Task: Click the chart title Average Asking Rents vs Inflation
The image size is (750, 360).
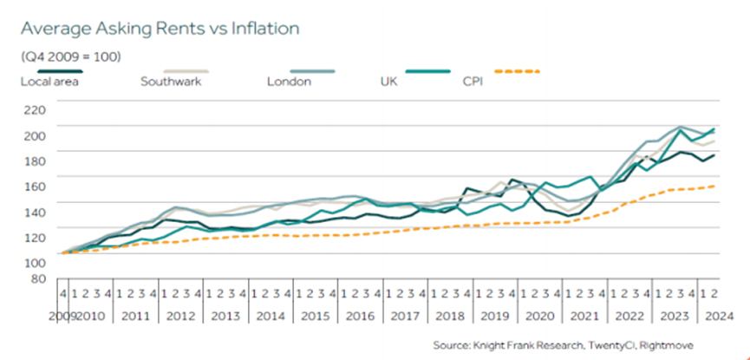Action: coord(160,29)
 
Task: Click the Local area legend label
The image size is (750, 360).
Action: coord(50,82)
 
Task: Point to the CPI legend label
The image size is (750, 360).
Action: coord(473,82)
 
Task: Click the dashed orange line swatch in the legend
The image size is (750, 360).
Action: coord(517,71)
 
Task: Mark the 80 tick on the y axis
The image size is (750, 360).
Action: coord(37,279)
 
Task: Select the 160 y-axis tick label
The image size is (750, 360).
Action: coord(34,187)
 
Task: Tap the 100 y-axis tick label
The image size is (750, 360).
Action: coord(34,262)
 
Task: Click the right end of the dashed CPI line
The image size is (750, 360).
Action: coord(714,186)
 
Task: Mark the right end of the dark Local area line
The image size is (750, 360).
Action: coord(714,155)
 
